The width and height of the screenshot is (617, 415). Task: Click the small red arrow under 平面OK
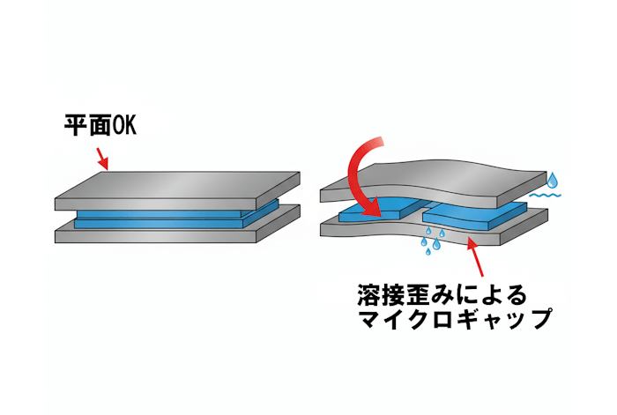(x=102, y=158)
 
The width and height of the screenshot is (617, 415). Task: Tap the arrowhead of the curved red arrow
(x=374, y=208)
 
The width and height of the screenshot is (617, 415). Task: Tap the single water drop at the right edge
(x=553, y=181)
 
